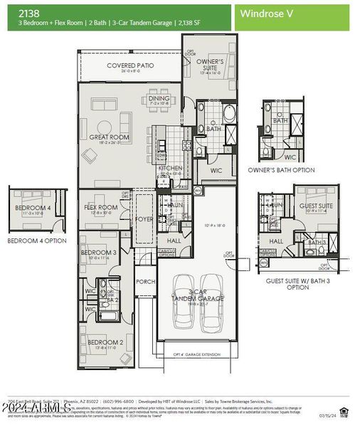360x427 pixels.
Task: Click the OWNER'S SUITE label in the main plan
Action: pyautogui.click(x=211, y=65)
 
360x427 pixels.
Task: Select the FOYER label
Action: pyautogui.click(x=145, y=219)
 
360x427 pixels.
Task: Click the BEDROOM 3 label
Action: pyautogui.click(x=98, y=253)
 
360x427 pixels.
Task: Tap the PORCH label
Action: pyautogui.click(x=145, y=282)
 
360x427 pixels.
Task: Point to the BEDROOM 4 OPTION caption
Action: pyautogui.click(x=36, y=241)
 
